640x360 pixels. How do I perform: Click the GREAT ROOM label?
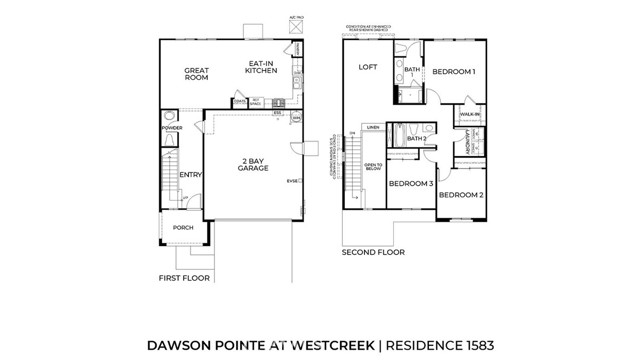(x=196, y=75)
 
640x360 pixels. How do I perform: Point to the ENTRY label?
(x=190, y=175)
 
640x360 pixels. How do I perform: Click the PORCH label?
(x=183, y=228)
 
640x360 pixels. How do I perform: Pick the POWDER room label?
(x=171, y=129)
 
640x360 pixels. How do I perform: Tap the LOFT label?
(x=366, y=67)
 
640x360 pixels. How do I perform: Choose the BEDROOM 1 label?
(x=453, y=72)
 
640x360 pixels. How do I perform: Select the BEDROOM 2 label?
(x=460, y=194)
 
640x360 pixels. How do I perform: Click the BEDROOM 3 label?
(x=410, y=184)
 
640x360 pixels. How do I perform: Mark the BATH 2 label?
(x=417, y=138)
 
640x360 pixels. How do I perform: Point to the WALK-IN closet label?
(x=470, y=116)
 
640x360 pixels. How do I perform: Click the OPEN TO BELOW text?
(x=373, y=168)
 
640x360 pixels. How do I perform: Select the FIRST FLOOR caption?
(x=184, y=278)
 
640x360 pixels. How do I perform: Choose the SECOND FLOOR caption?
(x=372, y=253)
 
